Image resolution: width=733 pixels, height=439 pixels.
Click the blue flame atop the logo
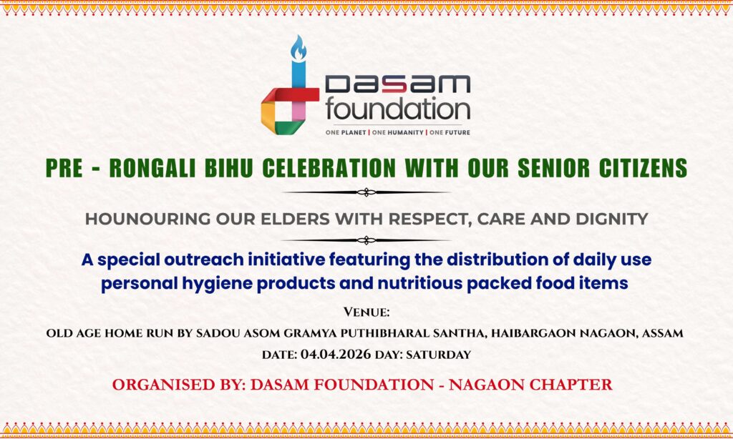[298, 48]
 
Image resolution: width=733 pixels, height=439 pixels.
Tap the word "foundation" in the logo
[398, 109]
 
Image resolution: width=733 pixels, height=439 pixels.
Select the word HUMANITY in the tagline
[398, 133]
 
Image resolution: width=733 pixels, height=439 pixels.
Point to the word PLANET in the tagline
[354, 133]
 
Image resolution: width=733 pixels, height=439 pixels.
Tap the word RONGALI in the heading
[152, 168]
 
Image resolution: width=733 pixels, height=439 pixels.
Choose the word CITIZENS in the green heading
[643, 168]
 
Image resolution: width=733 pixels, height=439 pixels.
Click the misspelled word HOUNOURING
[147, 219]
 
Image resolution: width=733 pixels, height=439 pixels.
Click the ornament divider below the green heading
[366, 192]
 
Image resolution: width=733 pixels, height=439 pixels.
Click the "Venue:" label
[366, 312]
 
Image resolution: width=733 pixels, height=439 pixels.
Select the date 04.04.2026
[336, 355]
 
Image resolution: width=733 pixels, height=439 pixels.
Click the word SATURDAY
[439, 355]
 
